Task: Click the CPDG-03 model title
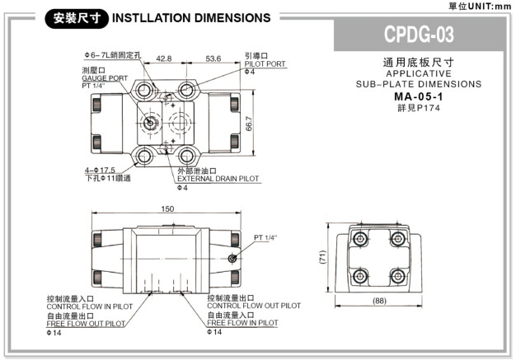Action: [x=419, y=35]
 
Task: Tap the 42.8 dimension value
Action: [x=163, y=58]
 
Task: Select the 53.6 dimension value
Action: [x=213, y=58]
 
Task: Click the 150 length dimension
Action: [x=167, y=209]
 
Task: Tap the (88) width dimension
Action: [x=379, y=300]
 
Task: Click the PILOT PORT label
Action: [x=265, y=63]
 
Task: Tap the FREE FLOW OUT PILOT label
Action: [x=86, y=324]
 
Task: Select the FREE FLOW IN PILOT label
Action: [x=242, y=324]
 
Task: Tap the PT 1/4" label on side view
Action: [x=266, y=237]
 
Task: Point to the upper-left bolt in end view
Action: [x=359, y=238]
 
